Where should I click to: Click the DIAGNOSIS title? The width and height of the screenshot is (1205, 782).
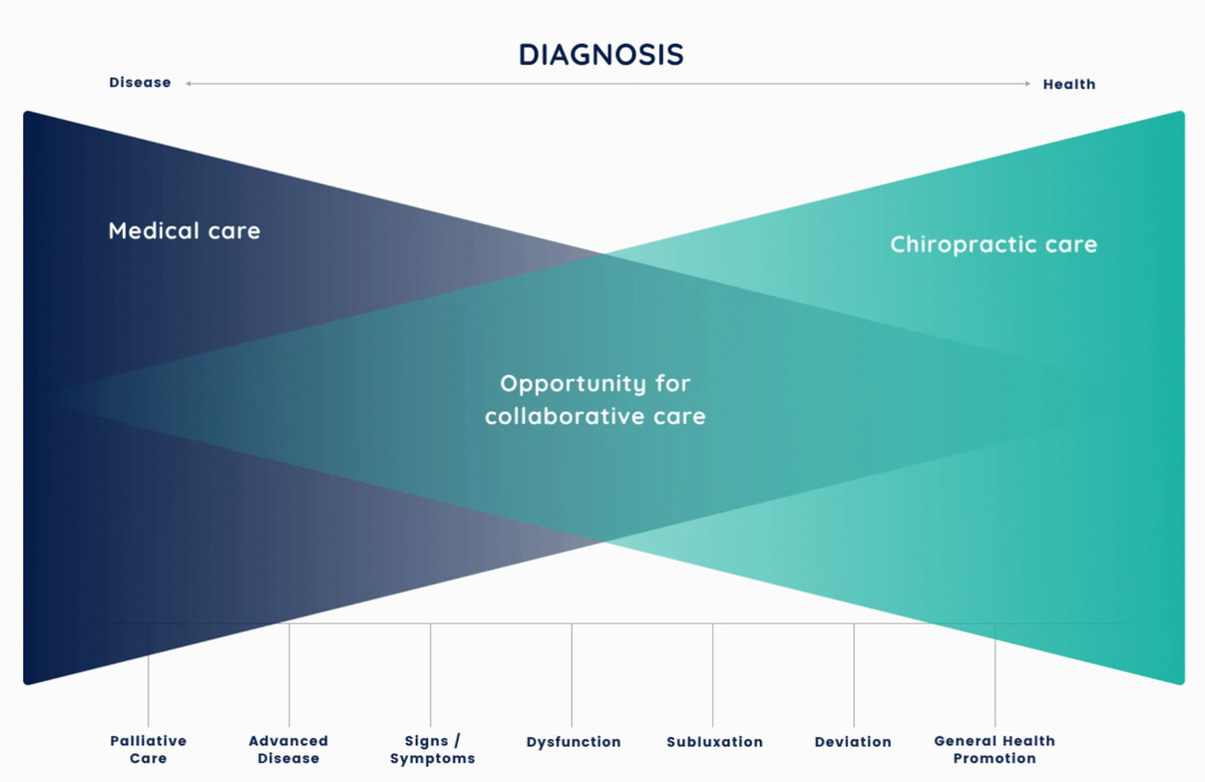[x=601, y=54]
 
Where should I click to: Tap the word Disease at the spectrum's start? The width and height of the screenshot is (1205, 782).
[x=140, y=82]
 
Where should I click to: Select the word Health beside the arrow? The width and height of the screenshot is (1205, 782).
[x=1069, y=84]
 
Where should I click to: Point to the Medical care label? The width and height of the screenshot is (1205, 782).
[x=185, y=230]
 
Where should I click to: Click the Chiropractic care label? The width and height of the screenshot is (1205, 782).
[x=994, y=244]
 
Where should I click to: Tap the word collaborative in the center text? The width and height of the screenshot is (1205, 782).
[x=565, y=416]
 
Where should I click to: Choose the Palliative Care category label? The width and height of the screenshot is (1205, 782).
[x=149, y=749]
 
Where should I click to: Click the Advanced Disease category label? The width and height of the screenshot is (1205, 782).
[x=288, y=749]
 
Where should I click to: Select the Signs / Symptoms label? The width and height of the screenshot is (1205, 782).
[x=433, y=750]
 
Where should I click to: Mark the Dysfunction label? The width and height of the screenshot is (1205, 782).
[x=574, y=742]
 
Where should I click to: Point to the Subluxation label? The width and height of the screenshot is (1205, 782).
[x=714, y=742]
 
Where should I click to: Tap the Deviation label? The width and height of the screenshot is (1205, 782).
[x=853, y=742]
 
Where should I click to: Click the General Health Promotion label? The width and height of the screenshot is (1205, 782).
[x=995, y=749]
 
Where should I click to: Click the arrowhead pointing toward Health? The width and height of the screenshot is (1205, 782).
[x=1027, y=84]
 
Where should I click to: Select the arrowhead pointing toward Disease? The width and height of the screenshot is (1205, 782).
[x=189, y=84]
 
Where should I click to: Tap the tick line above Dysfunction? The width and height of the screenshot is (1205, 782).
[x=572, y=675]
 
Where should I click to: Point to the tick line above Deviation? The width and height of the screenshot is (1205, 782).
[x=854, y=675]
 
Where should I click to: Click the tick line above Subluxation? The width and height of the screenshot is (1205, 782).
[x=713, y=675]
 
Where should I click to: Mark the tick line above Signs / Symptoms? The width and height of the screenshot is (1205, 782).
[x=430, y=675]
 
